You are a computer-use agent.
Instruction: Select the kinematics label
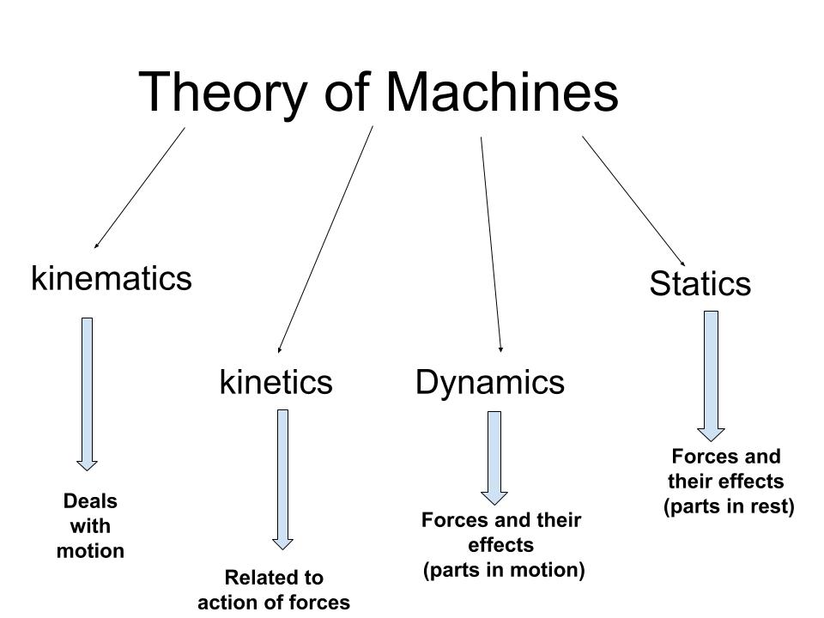click(112, 278)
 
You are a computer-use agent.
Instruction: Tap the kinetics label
click(276, 381)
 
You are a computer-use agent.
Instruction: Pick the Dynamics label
click(490, 381)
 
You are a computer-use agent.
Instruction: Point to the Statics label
click(700, 283)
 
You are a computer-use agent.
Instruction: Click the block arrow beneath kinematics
click(87, 391)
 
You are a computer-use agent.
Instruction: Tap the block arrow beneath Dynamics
click(494, 455)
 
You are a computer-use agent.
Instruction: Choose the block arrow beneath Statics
click(711, 373)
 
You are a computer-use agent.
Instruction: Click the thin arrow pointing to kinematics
click(139, 188)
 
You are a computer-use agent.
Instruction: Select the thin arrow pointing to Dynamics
click(491, 245)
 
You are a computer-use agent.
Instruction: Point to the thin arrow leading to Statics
click(633, 200)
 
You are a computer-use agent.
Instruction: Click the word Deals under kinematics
click(90, 501)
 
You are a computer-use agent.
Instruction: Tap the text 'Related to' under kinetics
click(274, 577)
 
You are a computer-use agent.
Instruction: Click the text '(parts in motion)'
click(504, 570)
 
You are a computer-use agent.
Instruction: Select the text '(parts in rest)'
click(729, 506)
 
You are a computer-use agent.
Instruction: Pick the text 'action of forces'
click(274, 603)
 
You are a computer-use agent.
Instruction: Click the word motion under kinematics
click(90, 551)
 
